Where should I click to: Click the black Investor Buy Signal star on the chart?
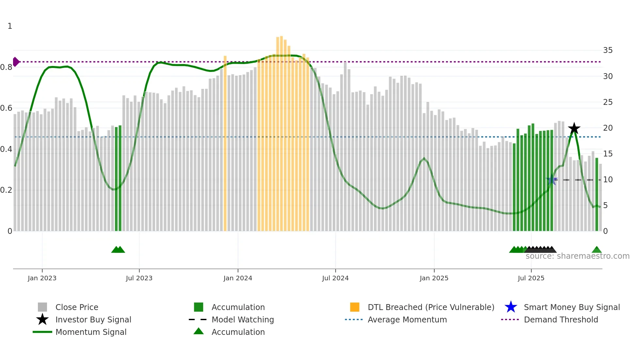(x=574, y=128)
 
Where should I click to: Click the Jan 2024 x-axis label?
(x=238, y=278)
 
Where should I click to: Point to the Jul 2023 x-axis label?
(x=139, y=278)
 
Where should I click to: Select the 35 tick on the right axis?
(x=608, y=50)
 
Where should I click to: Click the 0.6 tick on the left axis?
(x=6, y=108)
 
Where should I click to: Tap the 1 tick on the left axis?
(x=10, y=26)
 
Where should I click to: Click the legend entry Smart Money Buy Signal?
(x=571, y=307)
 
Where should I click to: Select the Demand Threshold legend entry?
(x=561, y=319)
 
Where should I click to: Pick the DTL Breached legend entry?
(x=431, y=307)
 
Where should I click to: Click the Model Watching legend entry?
(x=242, y=319)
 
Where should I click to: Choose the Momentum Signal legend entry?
(x=91, y=332)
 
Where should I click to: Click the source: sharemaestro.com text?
(x=577, y=256)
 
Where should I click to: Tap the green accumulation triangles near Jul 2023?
(x=118, y=250)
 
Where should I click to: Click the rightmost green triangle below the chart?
(x=597, y=250)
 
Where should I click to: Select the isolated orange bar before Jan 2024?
(x=225, y=144)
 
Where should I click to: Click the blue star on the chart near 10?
(x=552, y=180)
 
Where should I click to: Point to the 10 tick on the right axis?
(x=608, y=180)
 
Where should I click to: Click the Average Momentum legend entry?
(x=407, y=319)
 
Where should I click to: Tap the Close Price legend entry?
(x=76, y=307)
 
